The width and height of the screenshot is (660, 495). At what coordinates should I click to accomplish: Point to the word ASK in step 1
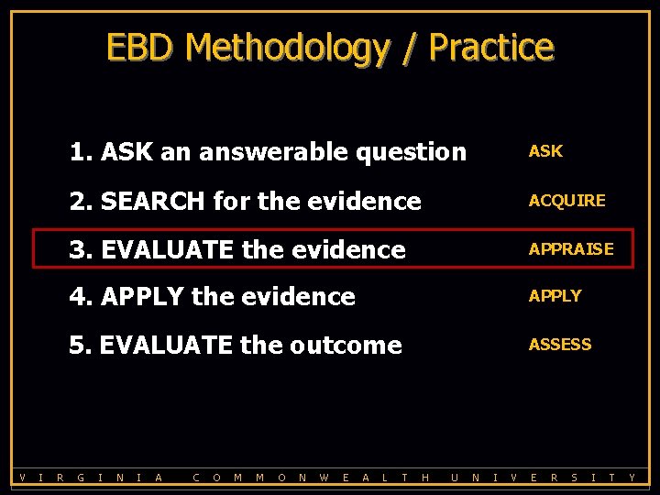pyautogui.click(x=127, y=152)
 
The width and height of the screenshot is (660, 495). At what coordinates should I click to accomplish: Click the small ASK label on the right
pyautogui.click(x=545, y=151)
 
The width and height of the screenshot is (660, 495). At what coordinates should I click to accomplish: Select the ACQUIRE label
pyautogui.click(x=566, y=201)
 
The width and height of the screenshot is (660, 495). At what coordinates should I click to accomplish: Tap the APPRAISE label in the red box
pyautogui.click(x=571, y=249)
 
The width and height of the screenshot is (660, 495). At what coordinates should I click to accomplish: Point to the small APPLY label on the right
pyautogui.click(x=555, y=296)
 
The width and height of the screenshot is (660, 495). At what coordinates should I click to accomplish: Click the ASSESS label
pyautogui.click(x=559, y=345)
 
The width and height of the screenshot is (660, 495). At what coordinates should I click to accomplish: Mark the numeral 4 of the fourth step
pyautogui.click(x=77, y=297)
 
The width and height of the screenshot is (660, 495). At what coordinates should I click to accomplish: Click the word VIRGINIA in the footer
pyautogui.click(x=91, y=478)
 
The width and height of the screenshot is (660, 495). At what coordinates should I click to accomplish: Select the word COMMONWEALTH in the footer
pyautogui.click(x=312, y=478)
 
